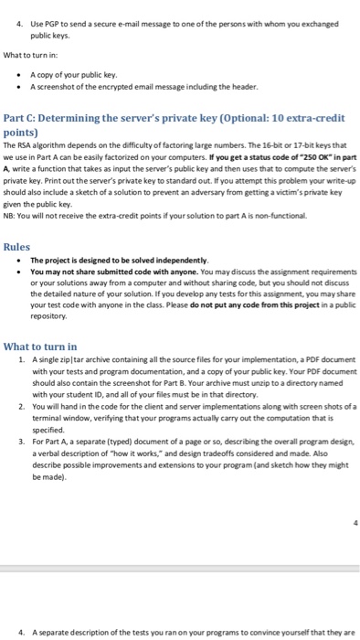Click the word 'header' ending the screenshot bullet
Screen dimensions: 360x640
pyautogui.click(x=245, y=86)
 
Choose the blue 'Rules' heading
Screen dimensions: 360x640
pyautogui.click(x=17, y=247)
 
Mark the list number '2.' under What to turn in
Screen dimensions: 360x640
pyautogui.click(x=22, y=405)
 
